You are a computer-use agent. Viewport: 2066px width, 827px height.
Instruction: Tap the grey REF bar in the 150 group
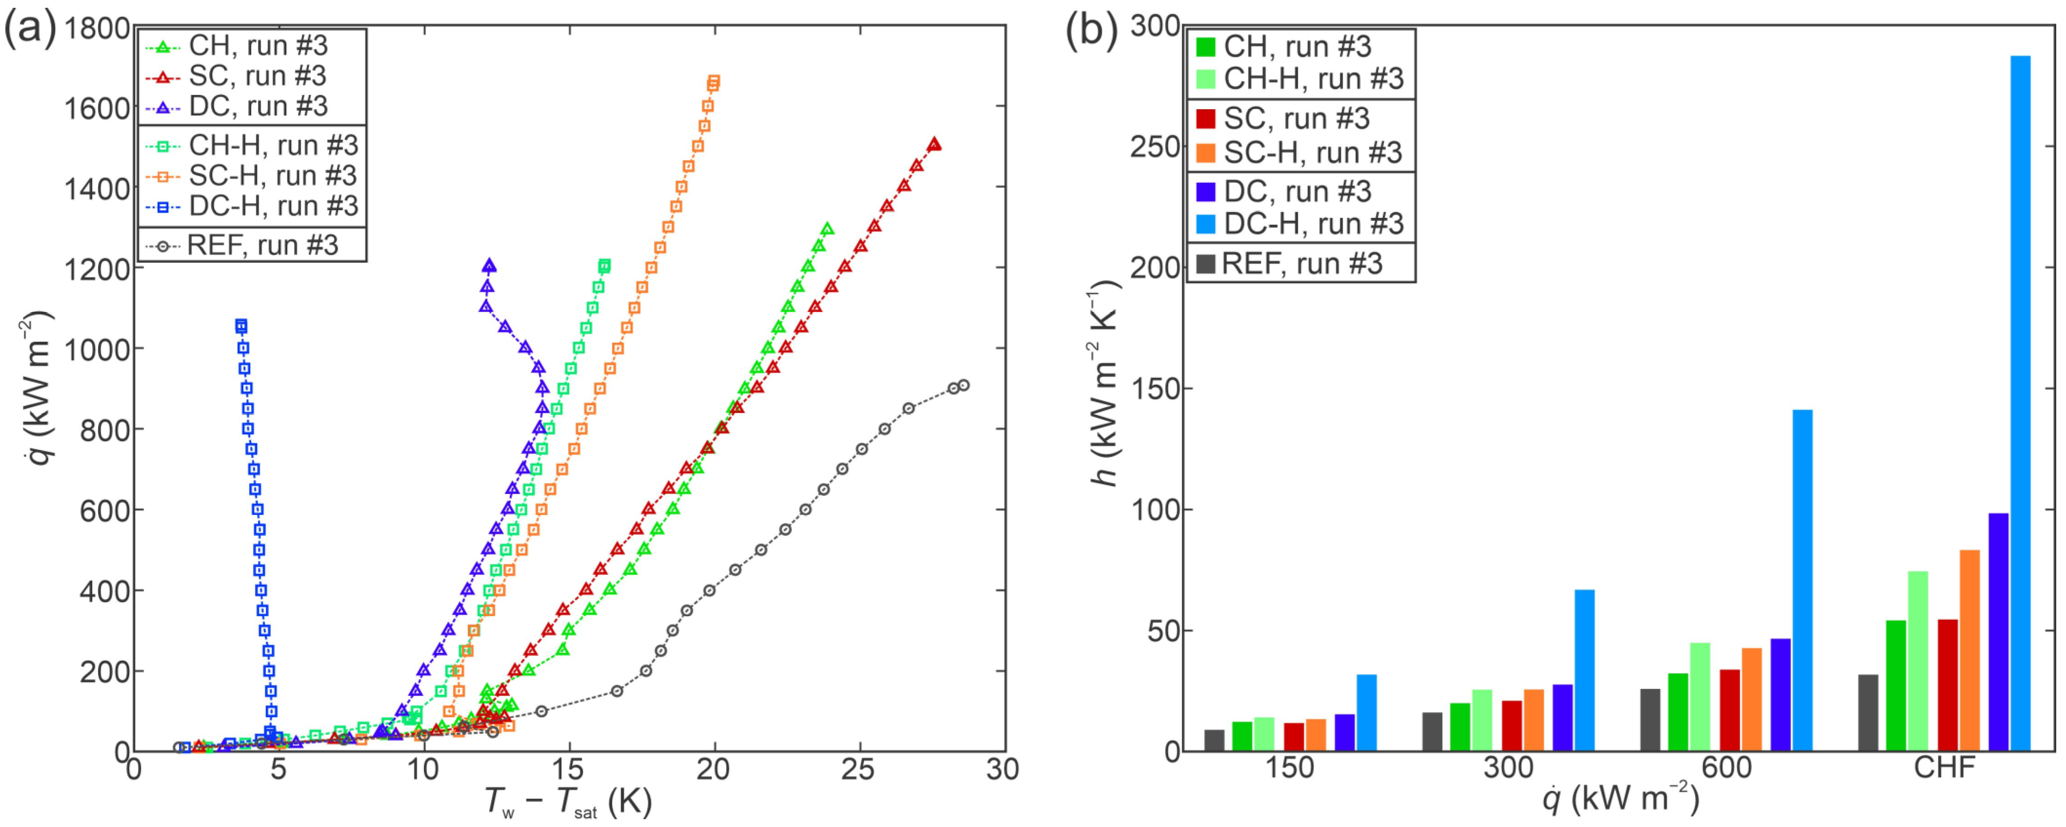pos(1214,740)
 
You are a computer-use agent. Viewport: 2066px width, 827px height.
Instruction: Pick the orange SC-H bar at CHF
pos(1970,650)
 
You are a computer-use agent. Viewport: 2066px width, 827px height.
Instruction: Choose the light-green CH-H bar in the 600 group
pos(1700,696)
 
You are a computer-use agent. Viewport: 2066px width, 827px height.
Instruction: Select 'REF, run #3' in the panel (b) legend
pos(1300,264)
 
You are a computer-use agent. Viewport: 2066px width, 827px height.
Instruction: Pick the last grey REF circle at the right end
pos(963,385)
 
